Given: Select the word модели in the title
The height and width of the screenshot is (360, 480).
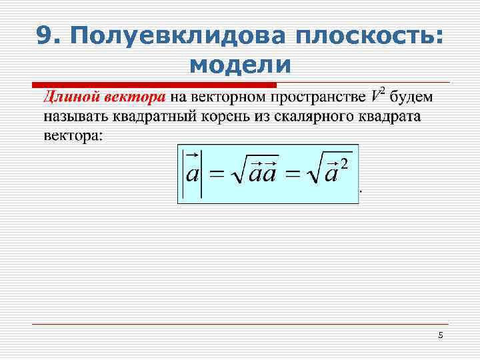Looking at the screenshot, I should point(240,65).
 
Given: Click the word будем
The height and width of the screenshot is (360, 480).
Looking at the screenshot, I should point(412,98).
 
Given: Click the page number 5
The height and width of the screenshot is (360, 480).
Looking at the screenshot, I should point(440,335).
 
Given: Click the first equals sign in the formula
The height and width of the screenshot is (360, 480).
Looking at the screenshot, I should point(215,175).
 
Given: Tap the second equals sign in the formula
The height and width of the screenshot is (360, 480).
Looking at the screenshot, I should point(291,175).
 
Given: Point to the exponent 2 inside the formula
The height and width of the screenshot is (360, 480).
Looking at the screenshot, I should point(344,163).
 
